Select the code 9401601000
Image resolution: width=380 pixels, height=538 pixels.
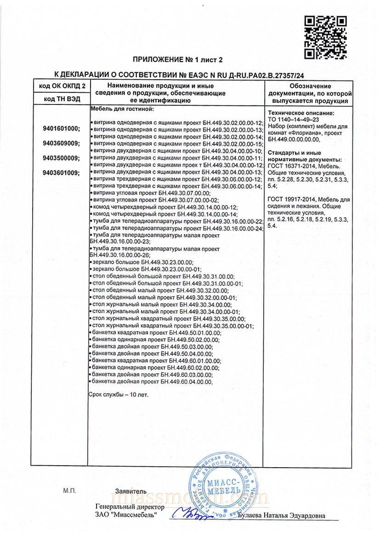[61, 128]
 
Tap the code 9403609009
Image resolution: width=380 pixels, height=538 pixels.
[61, 143]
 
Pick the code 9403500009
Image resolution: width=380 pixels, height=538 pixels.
[61, 158]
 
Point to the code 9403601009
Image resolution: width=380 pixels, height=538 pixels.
[61, 173]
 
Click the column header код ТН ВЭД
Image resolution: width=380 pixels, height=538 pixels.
[61, 99]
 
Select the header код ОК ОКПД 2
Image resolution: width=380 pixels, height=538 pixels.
[61, 86]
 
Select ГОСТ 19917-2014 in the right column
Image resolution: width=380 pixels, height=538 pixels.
[285, 199]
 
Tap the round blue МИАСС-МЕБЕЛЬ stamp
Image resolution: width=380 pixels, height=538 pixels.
[222, 486]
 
